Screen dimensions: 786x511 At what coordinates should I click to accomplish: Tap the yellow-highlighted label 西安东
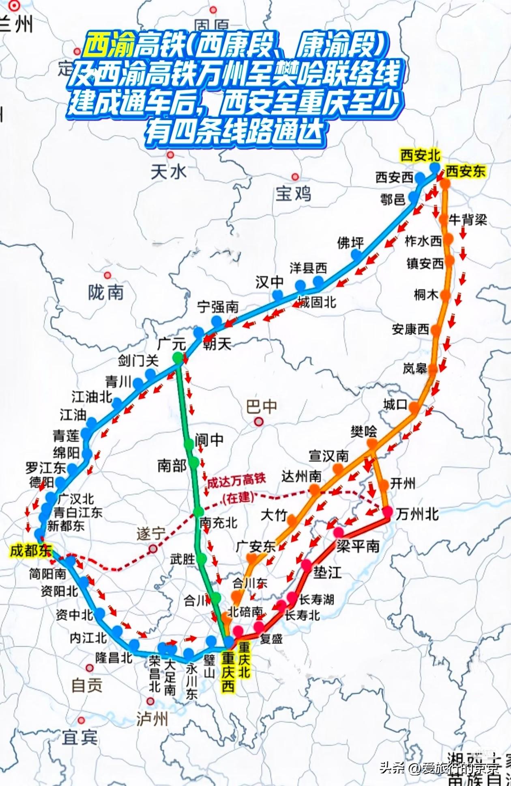[466, 171]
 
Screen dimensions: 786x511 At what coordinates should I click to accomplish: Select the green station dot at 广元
[178, 358]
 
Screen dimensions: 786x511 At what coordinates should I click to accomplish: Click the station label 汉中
[269, 282]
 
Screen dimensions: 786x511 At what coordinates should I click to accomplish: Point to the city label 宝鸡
[293, 194]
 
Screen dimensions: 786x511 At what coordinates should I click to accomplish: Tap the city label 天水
[168, 172]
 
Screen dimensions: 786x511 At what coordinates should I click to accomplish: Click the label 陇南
[106, 292]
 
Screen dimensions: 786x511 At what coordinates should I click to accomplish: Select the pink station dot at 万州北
[388, 512]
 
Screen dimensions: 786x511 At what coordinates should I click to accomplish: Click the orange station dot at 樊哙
[372, 444]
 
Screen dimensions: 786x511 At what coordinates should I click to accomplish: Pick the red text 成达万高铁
[236, 481]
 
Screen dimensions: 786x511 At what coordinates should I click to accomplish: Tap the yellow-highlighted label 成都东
[31, 551]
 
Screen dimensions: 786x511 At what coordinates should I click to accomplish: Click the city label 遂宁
[151, 534]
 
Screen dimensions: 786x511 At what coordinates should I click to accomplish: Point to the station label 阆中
[209, 440]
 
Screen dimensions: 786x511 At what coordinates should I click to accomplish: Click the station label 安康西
[410, 329]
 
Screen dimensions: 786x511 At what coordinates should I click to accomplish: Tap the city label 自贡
[87, 686]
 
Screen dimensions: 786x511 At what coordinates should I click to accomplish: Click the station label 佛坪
[350, 243]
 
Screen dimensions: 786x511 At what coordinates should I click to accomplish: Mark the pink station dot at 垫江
[307, 565]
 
